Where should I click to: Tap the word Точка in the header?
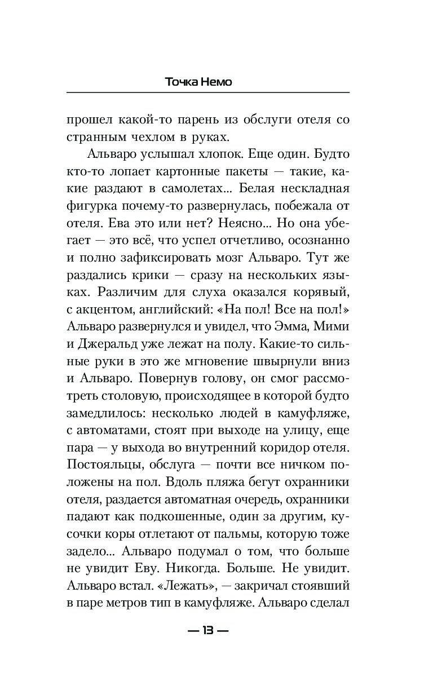(180, 82)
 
